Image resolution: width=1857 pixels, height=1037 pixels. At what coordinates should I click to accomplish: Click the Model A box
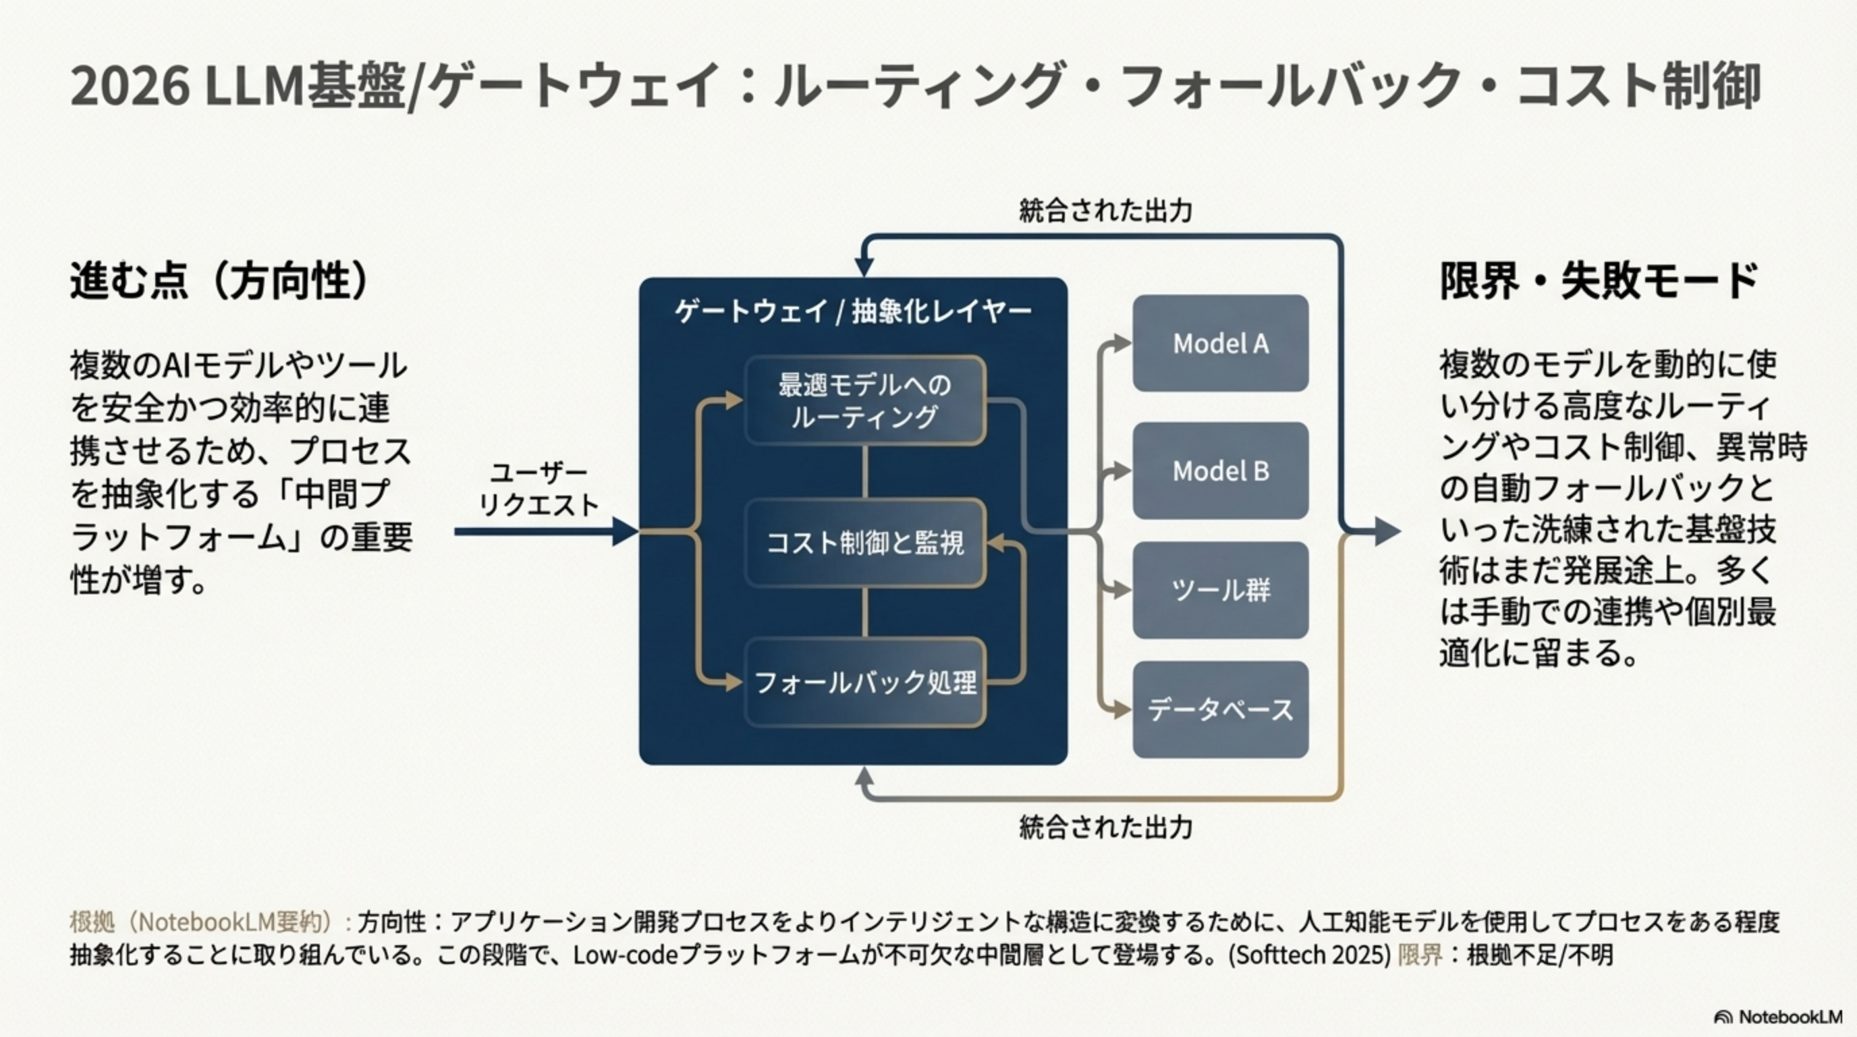point(1221,343)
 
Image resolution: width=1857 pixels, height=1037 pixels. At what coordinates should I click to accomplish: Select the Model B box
point(1221,471)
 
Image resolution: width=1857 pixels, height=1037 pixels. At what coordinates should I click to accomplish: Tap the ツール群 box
point(1221,591)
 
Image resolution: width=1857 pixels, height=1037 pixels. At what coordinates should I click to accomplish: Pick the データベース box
point(1221,710)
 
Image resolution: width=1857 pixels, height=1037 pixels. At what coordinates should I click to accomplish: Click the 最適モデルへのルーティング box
point(864,400)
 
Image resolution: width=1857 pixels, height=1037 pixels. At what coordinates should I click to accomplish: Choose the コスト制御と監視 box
point(864,542)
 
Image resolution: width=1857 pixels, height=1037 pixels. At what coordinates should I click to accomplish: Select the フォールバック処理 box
point(864,681)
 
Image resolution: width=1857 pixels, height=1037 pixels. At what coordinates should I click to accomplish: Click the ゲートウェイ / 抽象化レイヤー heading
point(853,311)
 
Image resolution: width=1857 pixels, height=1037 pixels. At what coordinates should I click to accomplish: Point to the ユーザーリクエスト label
point(538,489)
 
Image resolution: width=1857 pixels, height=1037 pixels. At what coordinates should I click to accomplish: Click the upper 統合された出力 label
point(1105,211)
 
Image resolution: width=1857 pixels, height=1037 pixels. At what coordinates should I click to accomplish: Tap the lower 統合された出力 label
point(1105,827)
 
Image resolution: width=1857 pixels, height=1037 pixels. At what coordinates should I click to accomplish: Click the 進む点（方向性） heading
point(220,281)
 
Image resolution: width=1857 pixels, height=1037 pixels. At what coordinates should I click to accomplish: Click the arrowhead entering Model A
point(1121,343)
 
